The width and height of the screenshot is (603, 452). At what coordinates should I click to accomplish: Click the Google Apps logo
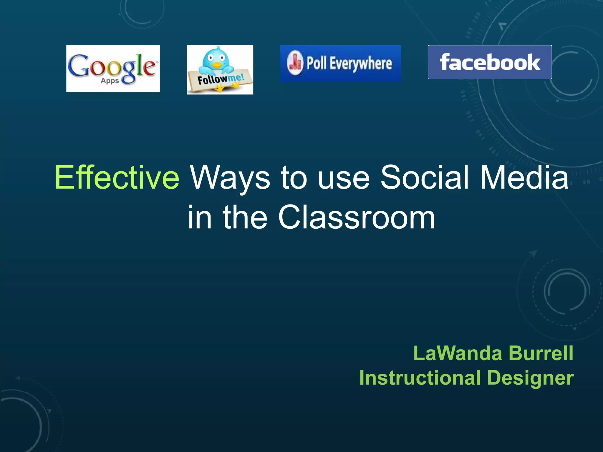click(x=113, y=68)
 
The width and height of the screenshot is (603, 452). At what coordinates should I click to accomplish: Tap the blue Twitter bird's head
click(x=216, y=57)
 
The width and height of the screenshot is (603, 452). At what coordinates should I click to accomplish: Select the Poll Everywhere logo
click(x=340, y=63)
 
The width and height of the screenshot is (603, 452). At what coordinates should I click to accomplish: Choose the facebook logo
click(x=490, y=62)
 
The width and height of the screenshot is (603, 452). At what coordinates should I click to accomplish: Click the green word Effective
click(x=117, y=177)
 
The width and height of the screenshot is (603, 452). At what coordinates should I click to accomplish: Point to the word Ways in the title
click(x=230, y=177)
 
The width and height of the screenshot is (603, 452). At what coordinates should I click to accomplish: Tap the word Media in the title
click(x=524, y=177)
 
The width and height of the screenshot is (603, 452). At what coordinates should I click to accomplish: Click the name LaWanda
click(x=458, y=353)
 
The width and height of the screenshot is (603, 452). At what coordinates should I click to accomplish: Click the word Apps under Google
click(x=110, y=81)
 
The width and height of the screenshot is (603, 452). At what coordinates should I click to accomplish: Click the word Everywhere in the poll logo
click(x=361, y=64)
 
